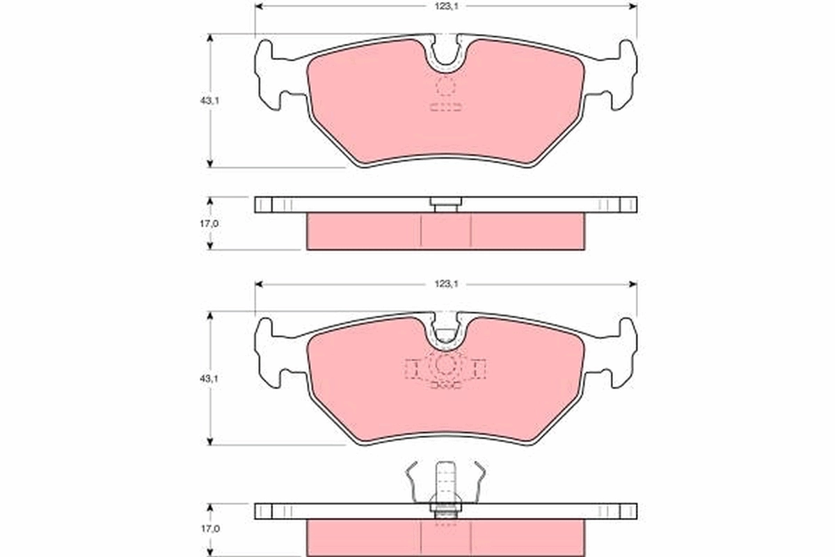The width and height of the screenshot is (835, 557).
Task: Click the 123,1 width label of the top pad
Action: pos(445,6)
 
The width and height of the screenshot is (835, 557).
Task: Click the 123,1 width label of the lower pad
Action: pos(445,284)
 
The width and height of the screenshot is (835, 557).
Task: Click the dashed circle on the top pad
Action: pos(445,87)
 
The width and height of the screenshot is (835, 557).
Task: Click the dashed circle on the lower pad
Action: pos(445,364)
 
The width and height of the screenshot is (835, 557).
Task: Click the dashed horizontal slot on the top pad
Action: pos(445,107)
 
